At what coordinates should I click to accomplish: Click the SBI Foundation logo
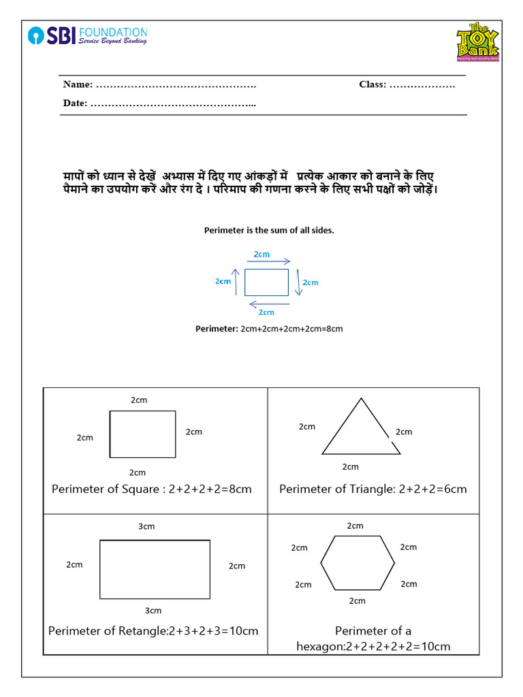click(x=87, y=35)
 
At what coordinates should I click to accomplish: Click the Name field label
click(x=78, y=84)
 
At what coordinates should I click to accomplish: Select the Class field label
click(x=373, y=84)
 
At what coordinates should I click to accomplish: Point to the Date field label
click(x=75, y=103)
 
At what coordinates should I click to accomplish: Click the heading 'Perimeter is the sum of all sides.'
click(x=269, y=230)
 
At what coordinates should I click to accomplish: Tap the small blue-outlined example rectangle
click(x=266, y=282)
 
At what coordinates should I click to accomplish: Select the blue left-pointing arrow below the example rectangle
click(x=268, y=304)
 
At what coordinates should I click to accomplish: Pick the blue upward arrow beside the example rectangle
click(x=236, y=281)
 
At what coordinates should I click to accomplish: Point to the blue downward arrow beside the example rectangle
click(x=298, y=282)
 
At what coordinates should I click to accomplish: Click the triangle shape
click(x=360, y=431)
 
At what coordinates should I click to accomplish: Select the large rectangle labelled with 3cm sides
click(x=155, y=568)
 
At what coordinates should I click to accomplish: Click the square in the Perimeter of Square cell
click(x=142, y=434)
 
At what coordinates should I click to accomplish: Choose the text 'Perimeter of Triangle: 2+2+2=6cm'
click(x=373, y=489)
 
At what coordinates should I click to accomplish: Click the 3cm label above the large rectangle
click(x=147, y=526)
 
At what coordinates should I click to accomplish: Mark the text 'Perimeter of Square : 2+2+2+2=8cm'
click(x=152, y=489)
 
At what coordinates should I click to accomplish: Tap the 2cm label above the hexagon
click(x=355, y=525)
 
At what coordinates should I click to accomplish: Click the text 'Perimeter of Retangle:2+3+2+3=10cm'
click(x=153, y=631)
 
